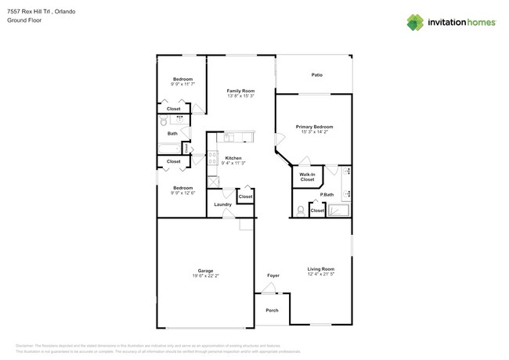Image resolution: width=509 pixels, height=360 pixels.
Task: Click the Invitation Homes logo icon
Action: (415, 22)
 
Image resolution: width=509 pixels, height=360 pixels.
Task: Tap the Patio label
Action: (316, 75)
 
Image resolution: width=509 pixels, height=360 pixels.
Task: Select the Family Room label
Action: (240, 91)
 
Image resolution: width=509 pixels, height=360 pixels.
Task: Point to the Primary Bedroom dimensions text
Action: (314, 132)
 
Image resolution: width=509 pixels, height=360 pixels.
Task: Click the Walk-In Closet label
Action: (307, 177)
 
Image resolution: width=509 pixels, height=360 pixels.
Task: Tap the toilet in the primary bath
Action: (301, 210)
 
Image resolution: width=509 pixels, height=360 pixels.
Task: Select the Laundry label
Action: (222, 204)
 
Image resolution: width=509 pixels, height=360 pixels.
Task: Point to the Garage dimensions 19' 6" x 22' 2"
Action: (205, 276)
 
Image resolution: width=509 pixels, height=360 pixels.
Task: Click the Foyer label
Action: (273, 275)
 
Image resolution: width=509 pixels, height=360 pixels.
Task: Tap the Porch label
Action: (272, 311)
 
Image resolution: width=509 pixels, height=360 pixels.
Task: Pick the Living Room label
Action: (320, 269)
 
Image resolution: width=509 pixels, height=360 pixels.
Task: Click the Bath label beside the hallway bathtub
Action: (172, 133)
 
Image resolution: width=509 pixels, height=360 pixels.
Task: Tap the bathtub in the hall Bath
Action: (170, 147)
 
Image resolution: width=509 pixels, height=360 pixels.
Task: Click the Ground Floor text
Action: (24, 20)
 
